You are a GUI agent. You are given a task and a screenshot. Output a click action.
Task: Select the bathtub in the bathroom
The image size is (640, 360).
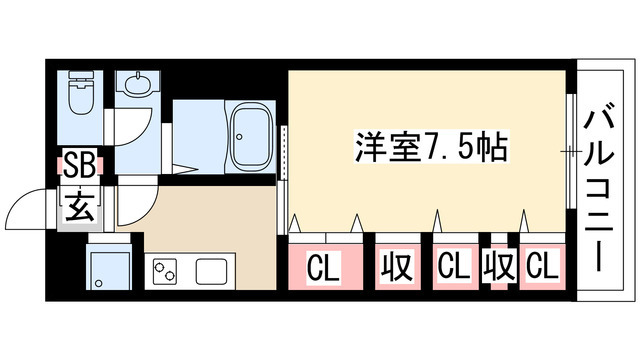[x=251, y=133]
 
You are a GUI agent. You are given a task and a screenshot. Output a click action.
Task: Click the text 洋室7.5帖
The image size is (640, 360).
[x=430, y=147]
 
